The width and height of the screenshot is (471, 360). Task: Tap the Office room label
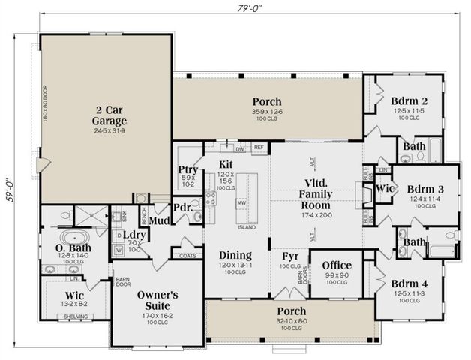pyautogui.click(x=336, y=265)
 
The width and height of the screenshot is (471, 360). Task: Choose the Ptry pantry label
pyautogui.click(x=187, y=169)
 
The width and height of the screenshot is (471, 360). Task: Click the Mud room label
pyautogui.click(x=158, y=220)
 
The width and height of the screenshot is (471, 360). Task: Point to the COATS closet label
pyautogui.click(x=187, y=255)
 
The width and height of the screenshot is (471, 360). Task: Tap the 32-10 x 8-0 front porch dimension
pyautogui.click(x=288, y=321)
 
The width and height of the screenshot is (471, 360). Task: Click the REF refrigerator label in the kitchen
pyautogui.click(x=259, y=148)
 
